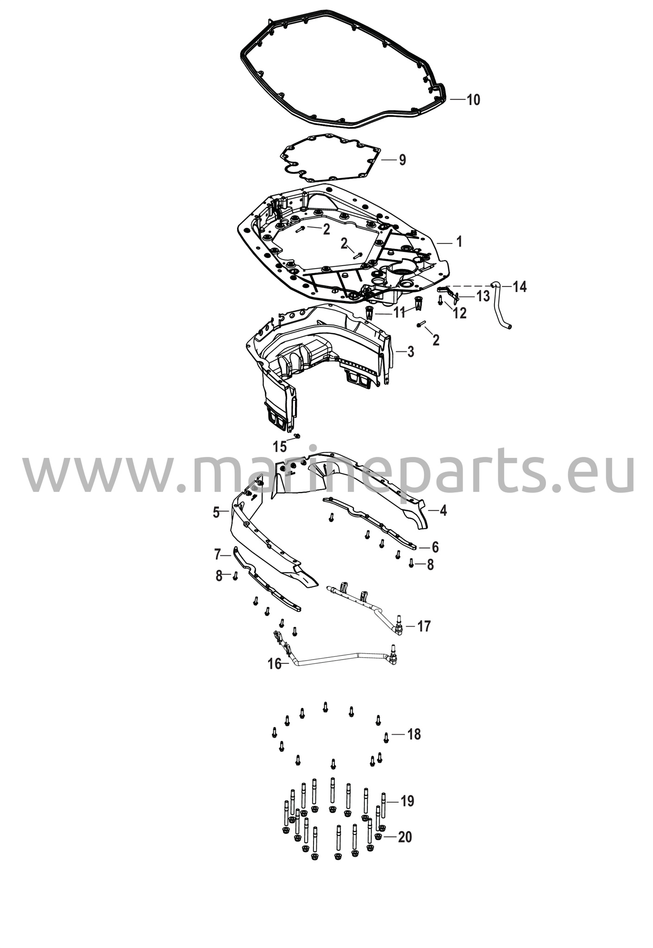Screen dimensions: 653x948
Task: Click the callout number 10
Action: (473, 100)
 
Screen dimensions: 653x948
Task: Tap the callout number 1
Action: (459, 242)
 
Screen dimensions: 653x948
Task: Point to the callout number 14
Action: (520, 287)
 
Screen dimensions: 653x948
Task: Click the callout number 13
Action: (483, 296)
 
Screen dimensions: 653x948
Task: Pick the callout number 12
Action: (459, 313)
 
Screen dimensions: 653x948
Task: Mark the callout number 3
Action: (411, 352)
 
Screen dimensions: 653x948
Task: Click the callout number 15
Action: (280, 447)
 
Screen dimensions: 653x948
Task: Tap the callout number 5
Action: (216, 512)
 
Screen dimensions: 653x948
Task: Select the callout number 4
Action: (443, 511)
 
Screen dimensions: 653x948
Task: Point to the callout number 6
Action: (435, 547)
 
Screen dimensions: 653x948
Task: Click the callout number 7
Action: (217, 554)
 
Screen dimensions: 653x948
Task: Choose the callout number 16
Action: (275, 664)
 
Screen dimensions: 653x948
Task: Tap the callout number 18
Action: (414, 734)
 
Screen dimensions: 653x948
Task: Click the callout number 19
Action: (408, 801)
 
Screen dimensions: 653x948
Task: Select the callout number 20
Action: (405, 837)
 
